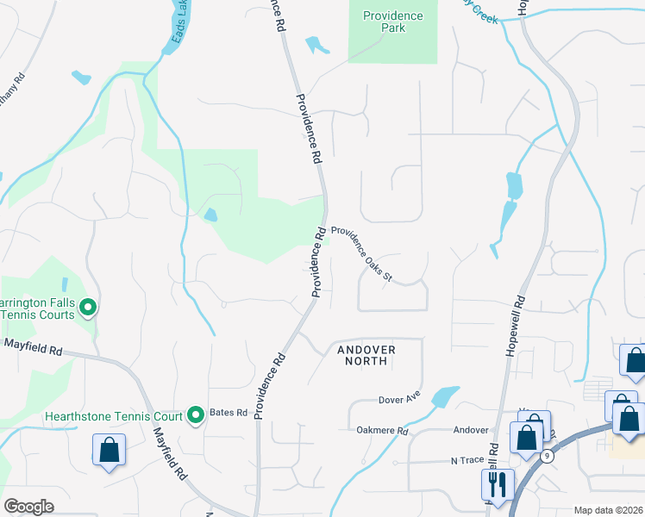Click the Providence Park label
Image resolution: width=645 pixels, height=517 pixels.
392,22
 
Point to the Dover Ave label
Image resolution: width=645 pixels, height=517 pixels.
398,400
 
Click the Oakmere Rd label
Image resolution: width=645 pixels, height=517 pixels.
379,429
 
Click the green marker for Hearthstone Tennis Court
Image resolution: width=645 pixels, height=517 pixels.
197,415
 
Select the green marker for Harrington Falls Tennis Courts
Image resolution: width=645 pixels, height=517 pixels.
87,306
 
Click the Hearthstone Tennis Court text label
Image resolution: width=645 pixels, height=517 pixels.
114,416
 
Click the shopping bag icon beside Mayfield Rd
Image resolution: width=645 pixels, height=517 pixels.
110,450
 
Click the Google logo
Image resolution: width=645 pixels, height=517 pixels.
29,507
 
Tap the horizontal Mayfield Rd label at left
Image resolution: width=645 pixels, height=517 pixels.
33,351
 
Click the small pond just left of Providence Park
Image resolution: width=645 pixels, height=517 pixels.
316,45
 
